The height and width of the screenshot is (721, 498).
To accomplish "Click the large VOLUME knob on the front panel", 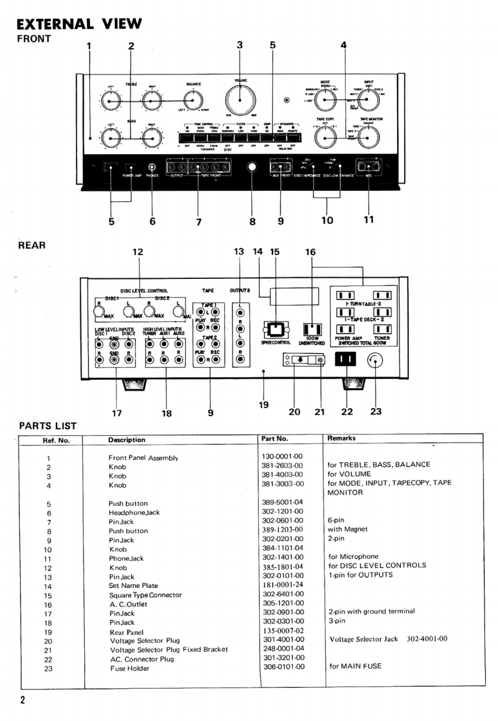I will point(239,101).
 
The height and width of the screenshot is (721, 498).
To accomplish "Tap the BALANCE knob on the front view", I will point(191,100).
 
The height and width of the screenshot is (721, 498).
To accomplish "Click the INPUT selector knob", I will point(369,100).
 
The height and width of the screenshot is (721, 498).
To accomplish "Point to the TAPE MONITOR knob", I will point(369,136).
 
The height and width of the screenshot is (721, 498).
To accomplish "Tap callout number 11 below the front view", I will point(368,219).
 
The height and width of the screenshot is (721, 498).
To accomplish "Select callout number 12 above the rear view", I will point(138,252).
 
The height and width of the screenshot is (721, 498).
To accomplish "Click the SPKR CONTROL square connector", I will point(274,330).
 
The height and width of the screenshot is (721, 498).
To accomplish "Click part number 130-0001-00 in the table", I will point(282,456).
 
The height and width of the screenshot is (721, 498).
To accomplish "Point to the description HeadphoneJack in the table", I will point(134,513).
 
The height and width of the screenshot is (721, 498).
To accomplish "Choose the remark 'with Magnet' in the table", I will point(347,530).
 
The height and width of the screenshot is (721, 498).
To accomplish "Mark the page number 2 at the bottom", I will point(22,700).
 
